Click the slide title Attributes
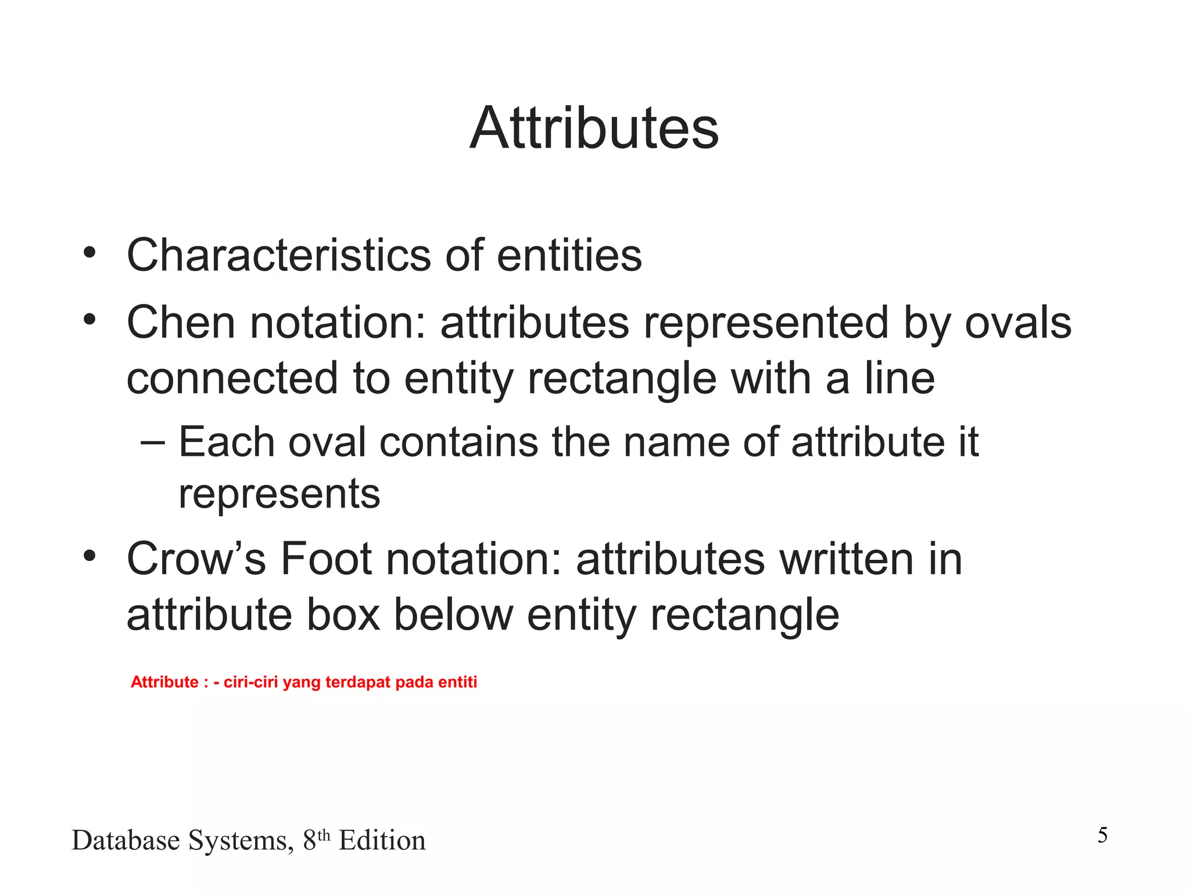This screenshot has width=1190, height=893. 594,128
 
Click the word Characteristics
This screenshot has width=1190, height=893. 278,255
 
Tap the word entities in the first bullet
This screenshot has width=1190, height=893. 569,255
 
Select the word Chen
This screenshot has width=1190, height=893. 181,323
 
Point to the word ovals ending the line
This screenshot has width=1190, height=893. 1017,323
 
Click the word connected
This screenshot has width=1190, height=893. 232,378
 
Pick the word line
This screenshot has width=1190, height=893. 899,378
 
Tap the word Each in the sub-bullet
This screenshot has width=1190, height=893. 226,442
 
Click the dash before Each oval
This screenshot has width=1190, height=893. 153,442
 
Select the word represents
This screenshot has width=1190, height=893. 279,495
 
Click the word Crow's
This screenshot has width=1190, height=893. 196,559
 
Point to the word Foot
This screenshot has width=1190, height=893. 326,559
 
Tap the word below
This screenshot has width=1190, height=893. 453,615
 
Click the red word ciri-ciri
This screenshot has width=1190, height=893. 250,682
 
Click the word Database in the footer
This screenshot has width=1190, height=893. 126,841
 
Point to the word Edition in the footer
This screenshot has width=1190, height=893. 382,841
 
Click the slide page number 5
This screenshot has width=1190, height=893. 1102,835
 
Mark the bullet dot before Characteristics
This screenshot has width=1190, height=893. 89,253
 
